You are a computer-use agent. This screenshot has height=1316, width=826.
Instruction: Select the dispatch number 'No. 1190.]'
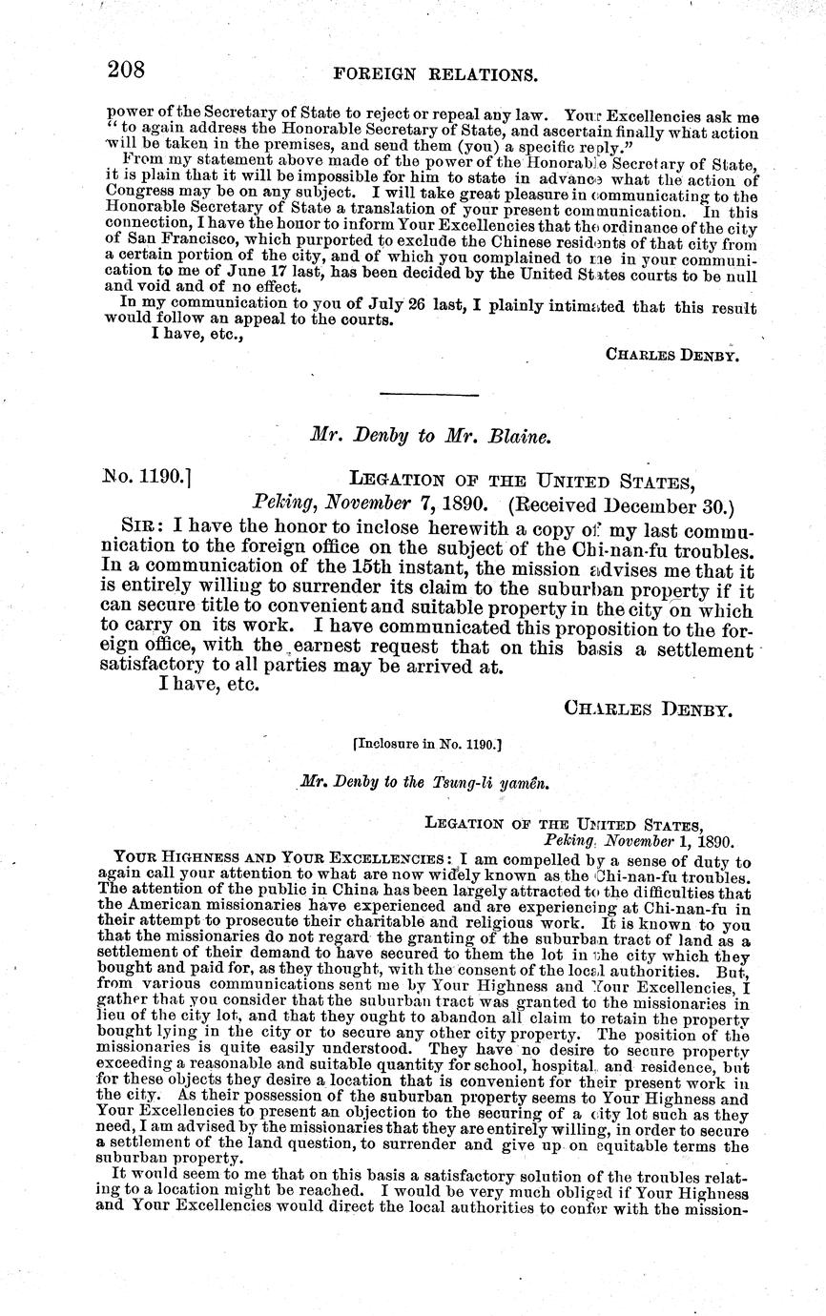click(147, 476)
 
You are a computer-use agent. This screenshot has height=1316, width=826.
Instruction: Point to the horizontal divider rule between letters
click(428, 393)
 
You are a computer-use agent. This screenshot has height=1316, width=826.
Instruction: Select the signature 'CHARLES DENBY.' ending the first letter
click(672, 354)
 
